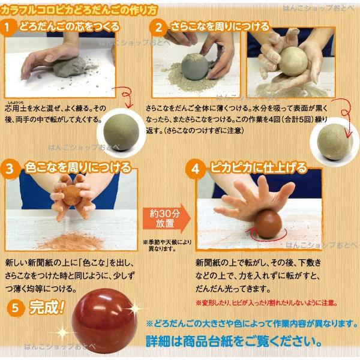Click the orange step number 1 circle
tap(8, 28)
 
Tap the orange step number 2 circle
tap(158, 28)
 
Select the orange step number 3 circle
tap(9, 168)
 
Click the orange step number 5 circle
tap(18, 308)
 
